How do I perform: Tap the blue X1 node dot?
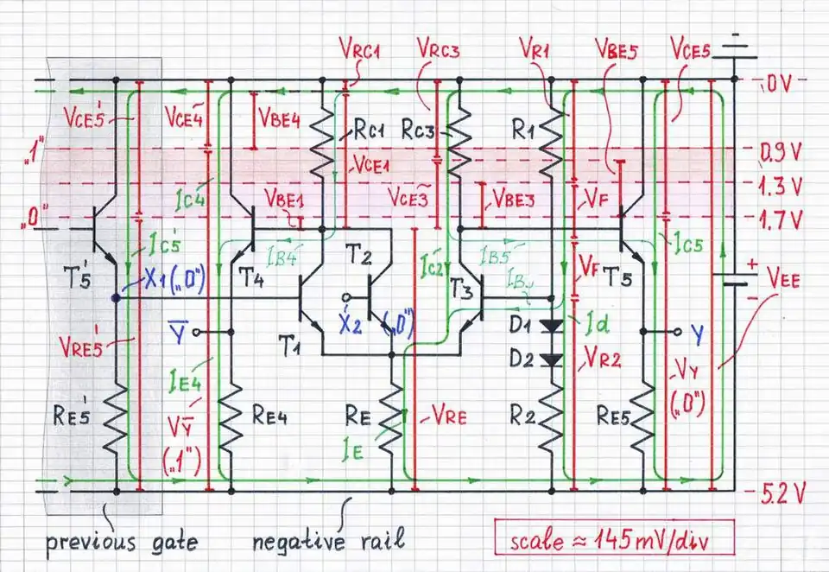116,298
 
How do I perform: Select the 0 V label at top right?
780,84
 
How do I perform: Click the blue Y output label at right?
698,330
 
